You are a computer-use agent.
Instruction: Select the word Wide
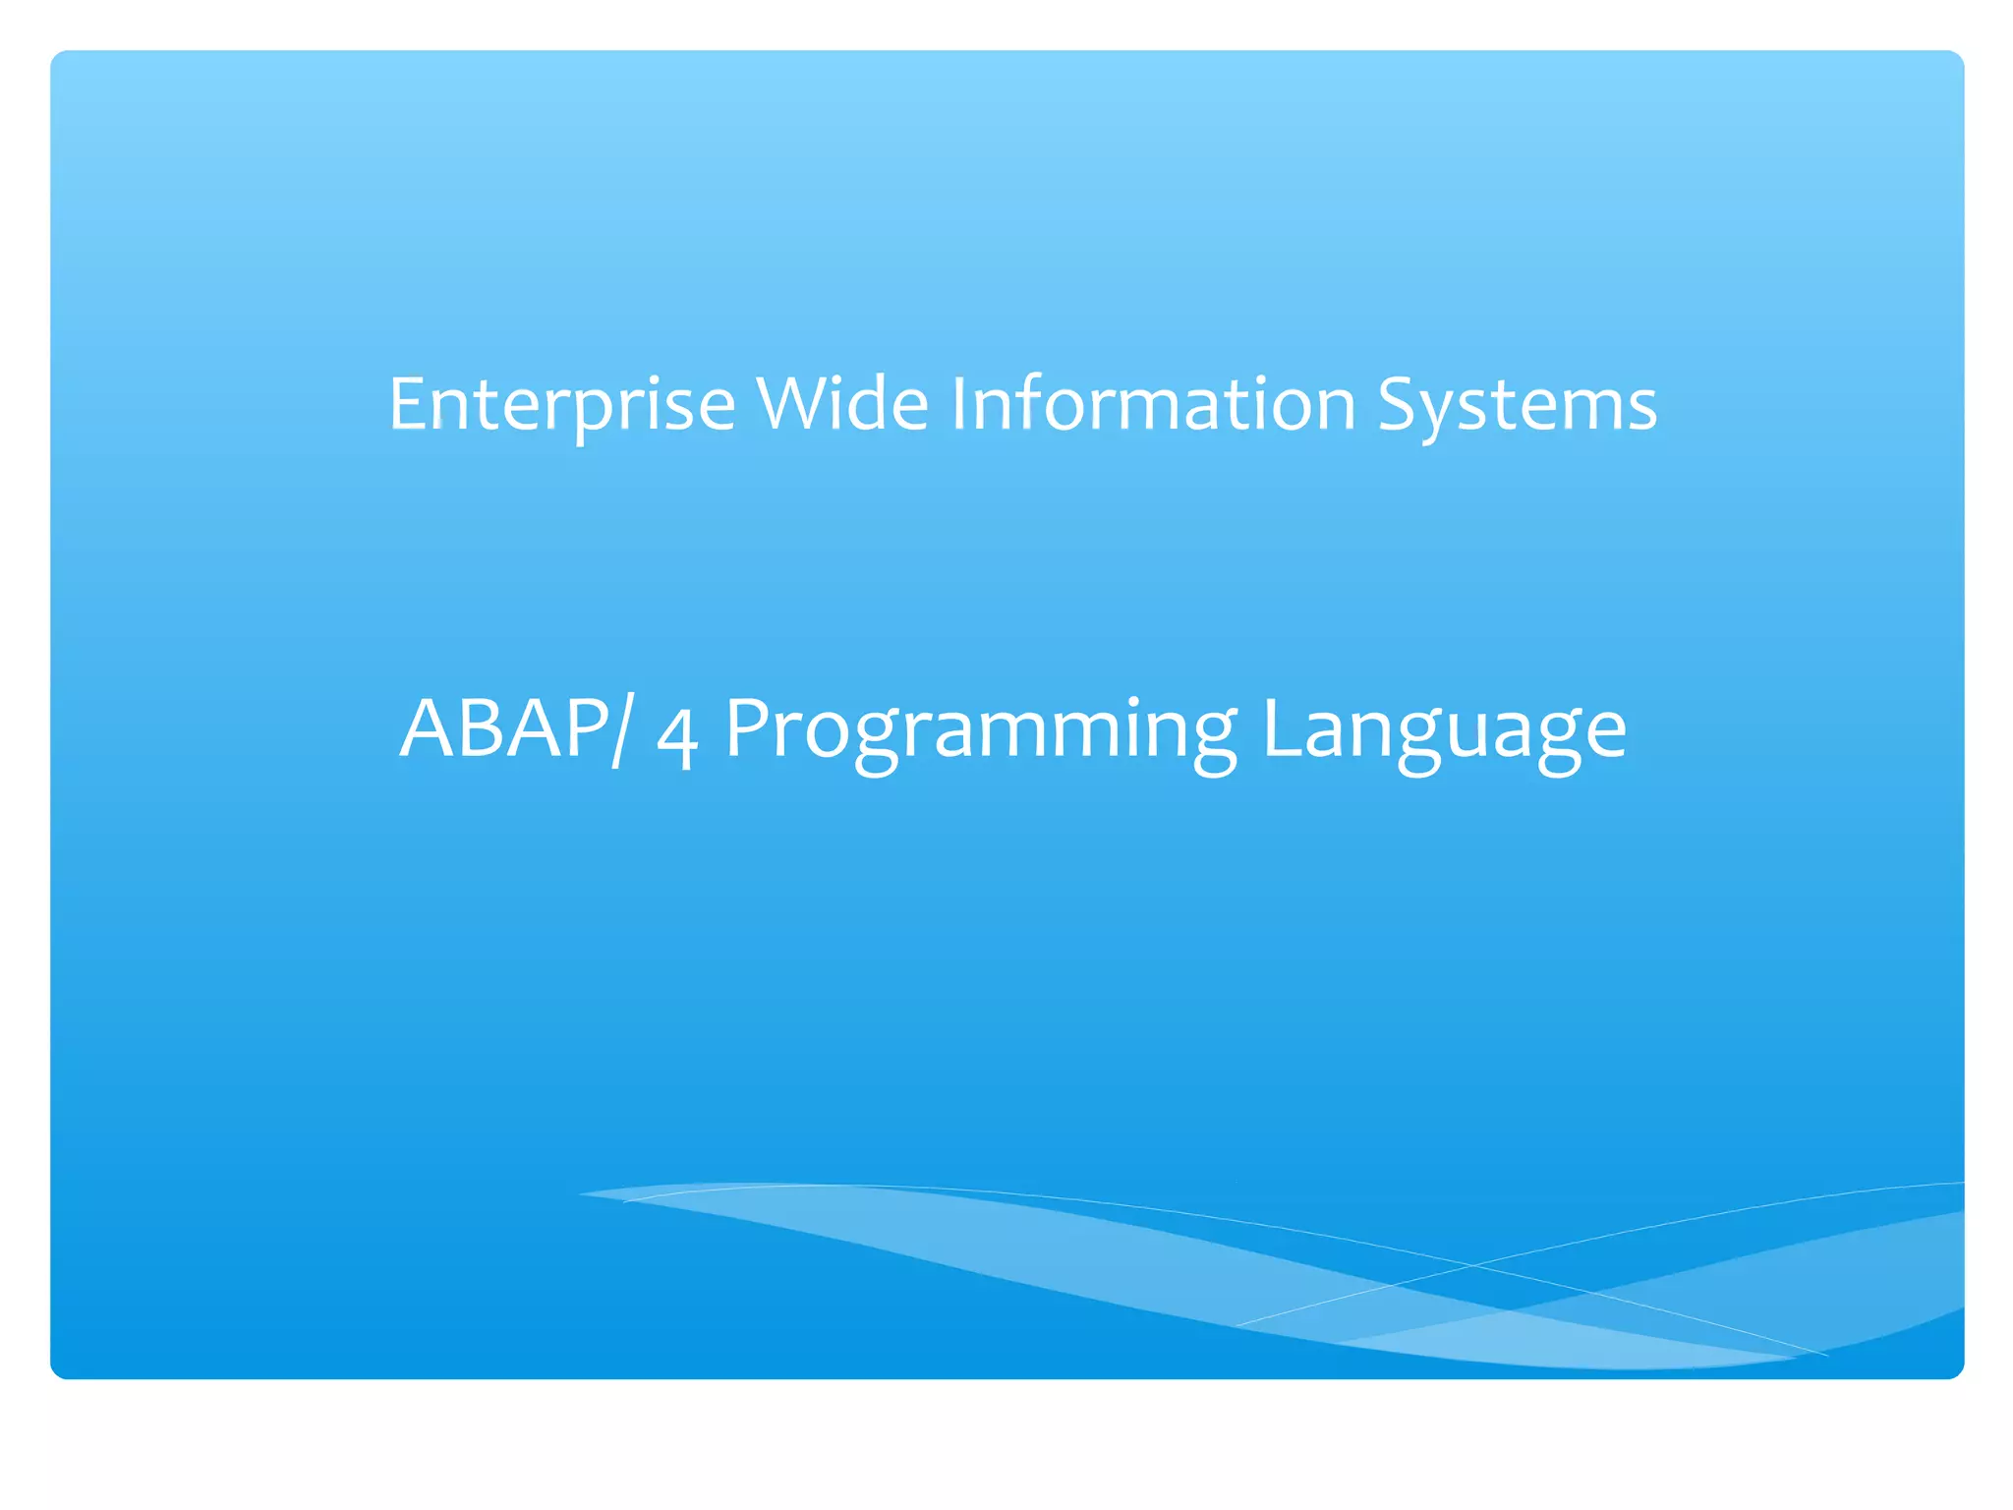click(x=842, y=405)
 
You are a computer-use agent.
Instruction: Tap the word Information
click(x=1153, y=405)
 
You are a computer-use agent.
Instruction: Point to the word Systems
click(x=1517, y=405)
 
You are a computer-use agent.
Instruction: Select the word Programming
click(x=981, y=732)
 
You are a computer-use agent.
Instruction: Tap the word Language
click(x=1444, y=732)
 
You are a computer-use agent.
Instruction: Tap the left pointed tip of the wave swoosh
click(x=582, y=1193)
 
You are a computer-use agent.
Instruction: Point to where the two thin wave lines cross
click(x=1471, y=1265)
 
